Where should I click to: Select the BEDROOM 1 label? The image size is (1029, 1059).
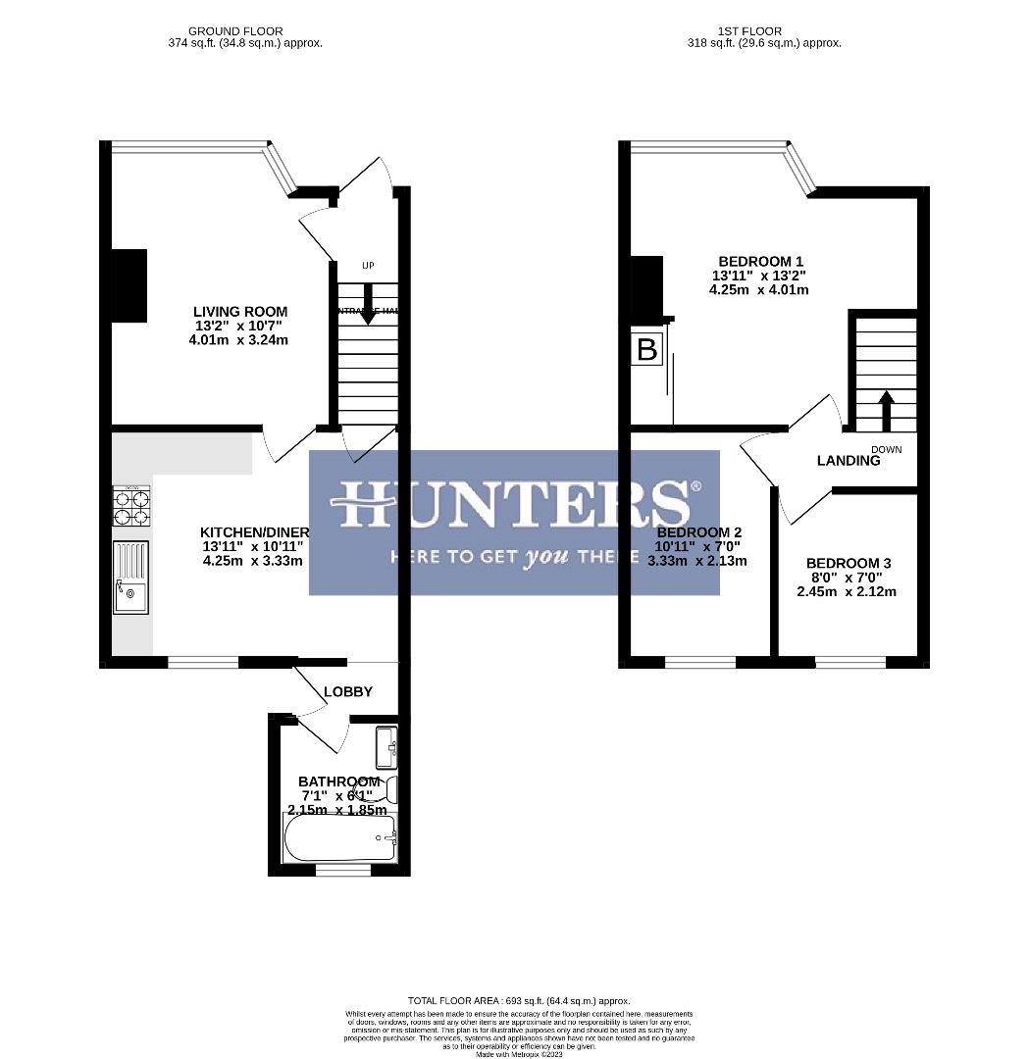[x=761, y=261]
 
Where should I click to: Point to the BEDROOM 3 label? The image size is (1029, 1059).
[x=849, y=563]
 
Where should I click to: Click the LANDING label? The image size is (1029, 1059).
[x=849, y=461]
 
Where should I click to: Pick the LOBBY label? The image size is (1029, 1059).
[x=349, y=691]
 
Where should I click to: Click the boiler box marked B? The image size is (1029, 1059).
[x=647, y=349]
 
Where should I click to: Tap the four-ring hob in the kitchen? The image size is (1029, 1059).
[x=130, y=508]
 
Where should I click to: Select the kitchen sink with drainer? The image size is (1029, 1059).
[x=130, y=579]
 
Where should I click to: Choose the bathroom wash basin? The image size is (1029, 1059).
[x=386, y=747]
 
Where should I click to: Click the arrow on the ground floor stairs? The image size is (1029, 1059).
[x=368, y=298]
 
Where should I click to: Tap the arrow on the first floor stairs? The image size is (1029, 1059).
[x=886, y=410]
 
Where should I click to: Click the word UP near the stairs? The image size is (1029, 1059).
[x=368, y=266]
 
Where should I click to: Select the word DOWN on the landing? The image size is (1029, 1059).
[x=886, y=449]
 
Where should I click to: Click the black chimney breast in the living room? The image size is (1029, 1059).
[x=129, y=285]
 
